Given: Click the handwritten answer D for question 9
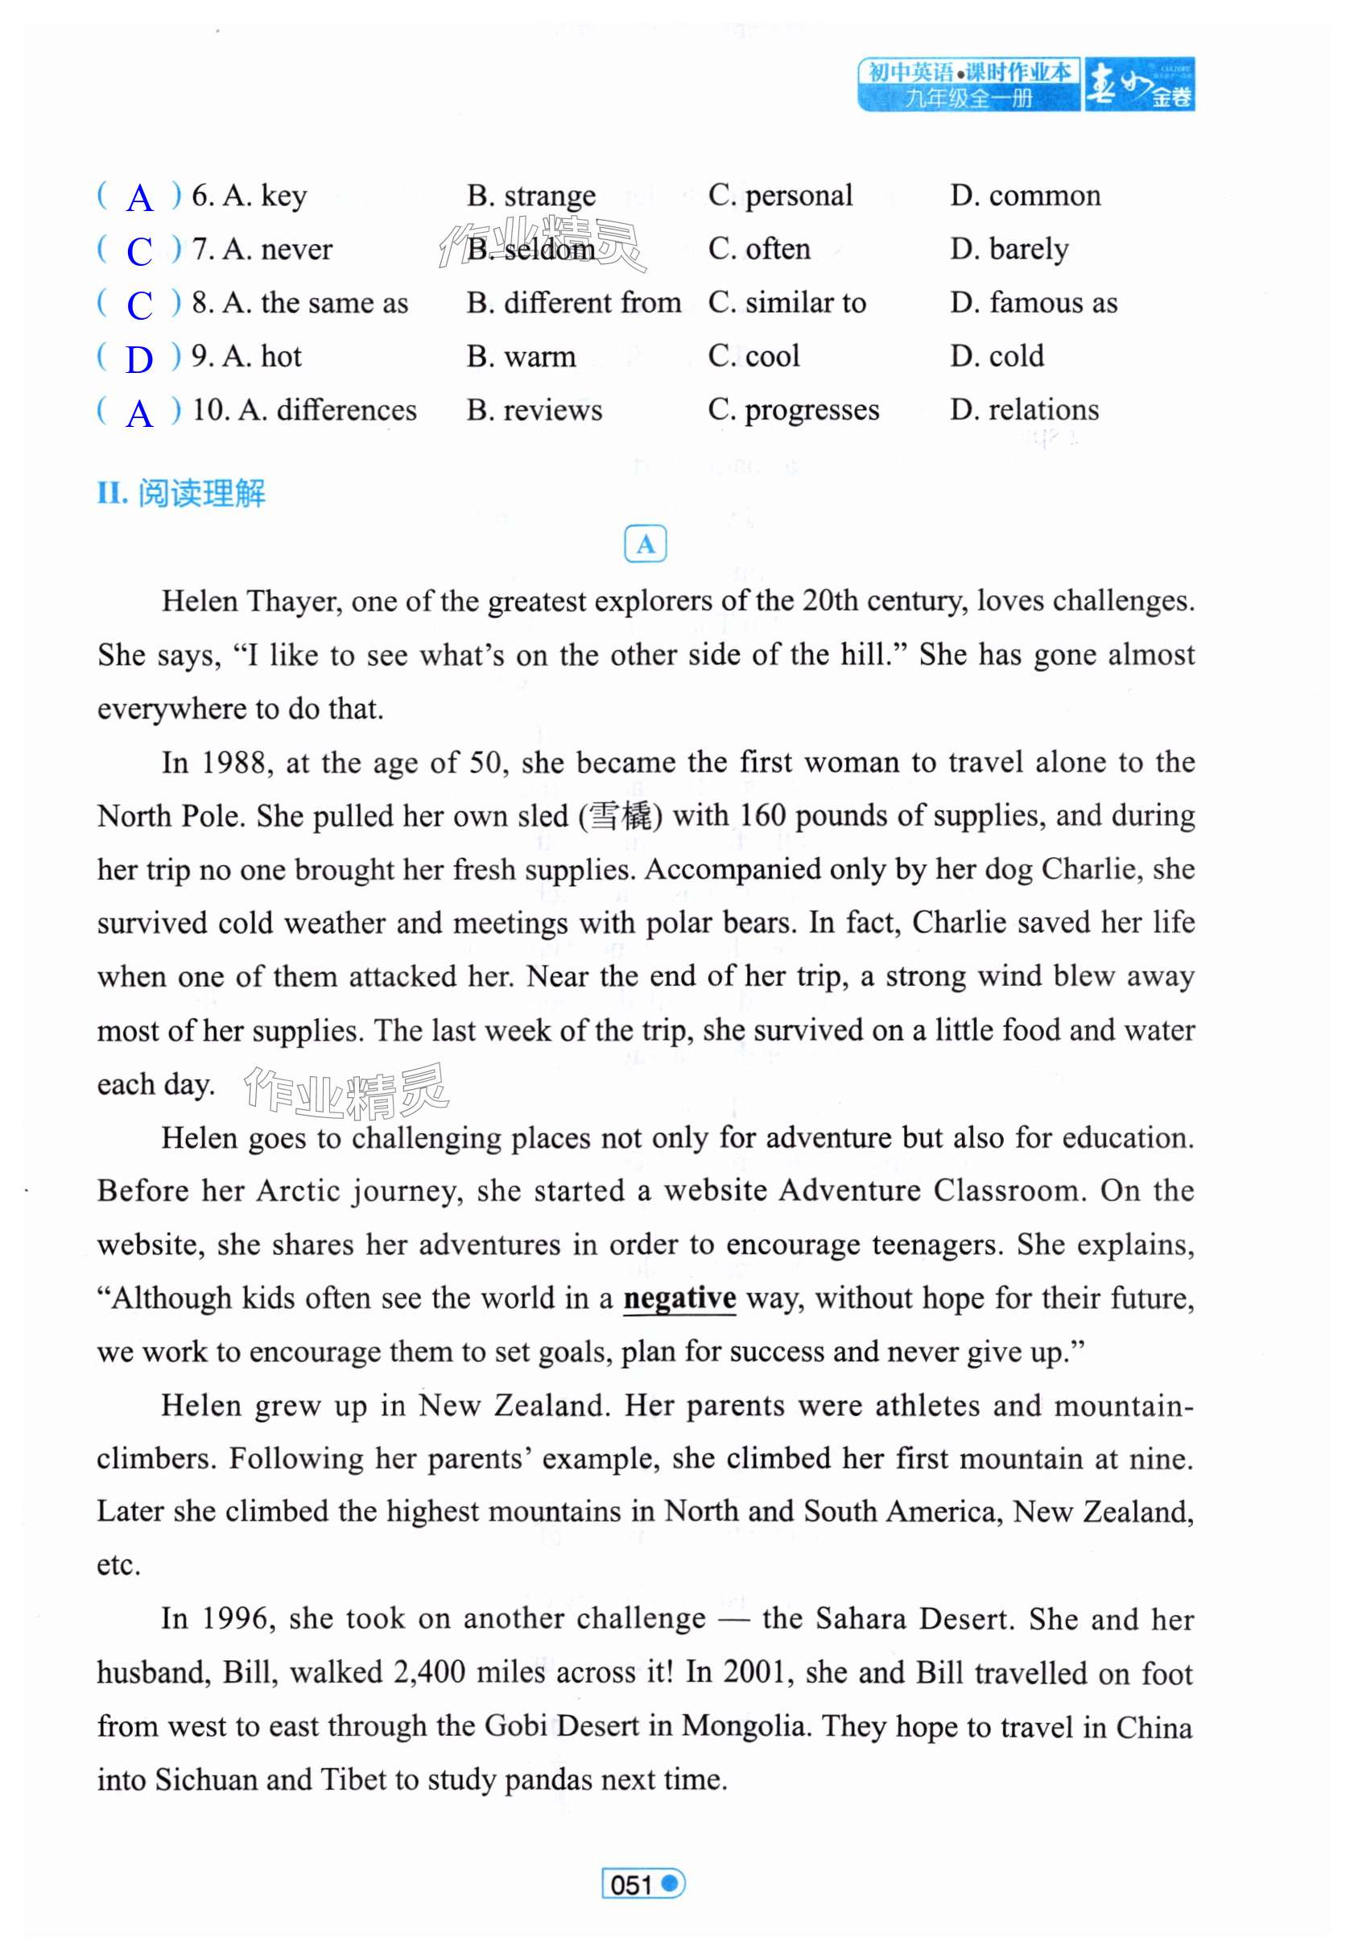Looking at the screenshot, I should [x=139, y=359].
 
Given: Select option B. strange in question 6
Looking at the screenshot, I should [x=531, y=196].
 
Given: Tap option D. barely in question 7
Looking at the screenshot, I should [x=1009, y=250].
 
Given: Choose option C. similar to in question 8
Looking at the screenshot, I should [x=786, y=303].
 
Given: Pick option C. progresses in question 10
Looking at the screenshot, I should [x=793, y=410].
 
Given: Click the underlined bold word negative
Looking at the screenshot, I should [x=679, y=1298].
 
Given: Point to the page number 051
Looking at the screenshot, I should [x=631, y=1884].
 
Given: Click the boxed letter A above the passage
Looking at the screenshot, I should [x=645, y=544].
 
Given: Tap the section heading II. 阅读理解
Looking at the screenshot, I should [x=182, y=493].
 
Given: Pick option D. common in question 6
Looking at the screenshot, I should [x=1025, y=196].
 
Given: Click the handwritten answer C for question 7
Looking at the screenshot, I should [x=139, y=251].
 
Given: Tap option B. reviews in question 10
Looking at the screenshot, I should [x=535, y=410].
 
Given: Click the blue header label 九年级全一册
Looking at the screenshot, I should [x=968, y=98].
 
